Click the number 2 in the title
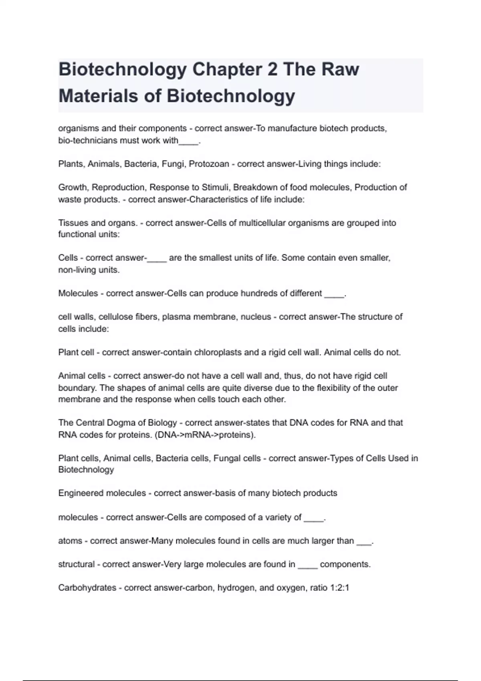tap(272, 70)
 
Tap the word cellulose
tap(115, 317)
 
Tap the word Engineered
tap(82, 493)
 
